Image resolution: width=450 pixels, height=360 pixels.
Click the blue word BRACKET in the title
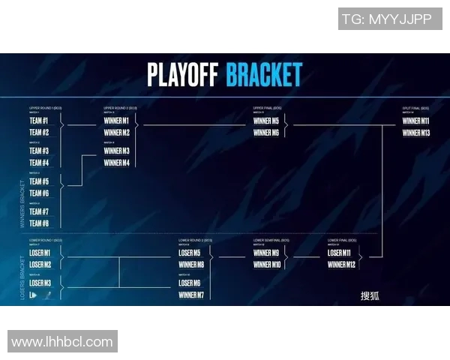tap(264, 75)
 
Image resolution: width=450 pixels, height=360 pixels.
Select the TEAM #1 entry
tap(39, 121)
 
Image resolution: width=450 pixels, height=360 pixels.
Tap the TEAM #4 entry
tap(39, 163)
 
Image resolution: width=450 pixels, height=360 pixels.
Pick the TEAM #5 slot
tap(39, 181)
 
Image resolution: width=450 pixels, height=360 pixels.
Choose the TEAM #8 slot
tap(39, 223)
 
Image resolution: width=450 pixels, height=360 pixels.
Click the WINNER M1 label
tap(116, 121)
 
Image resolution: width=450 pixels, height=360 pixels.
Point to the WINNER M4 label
tap(116, 163)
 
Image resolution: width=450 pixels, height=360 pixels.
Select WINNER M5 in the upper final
tap(265, 121)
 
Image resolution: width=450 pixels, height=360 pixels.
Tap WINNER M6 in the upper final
tap(265, 133)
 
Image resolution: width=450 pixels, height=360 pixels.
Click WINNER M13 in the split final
tap(415, 133)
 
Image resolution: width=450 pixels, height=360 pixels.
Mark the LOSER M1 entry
tap(40, 253)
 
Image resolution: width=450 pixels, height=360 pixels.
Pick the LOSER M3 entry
tap(40, 283)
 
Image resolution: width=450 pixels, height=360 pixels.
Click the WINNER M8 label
tap(191, 265)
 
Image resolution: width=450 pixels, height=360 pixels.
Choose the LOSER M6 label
tap(190, 283)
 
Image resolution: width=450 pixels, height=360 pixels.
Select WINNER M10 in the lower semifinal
tap(266, 265)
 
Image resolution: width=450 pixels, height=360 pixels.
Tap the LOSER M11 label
tap(339, 253)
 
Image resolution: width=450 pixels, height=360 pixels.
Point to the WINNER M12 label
tap(341, 265)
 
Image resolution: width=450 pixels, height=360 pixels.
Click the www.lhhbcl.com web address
tap(62, 342)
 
